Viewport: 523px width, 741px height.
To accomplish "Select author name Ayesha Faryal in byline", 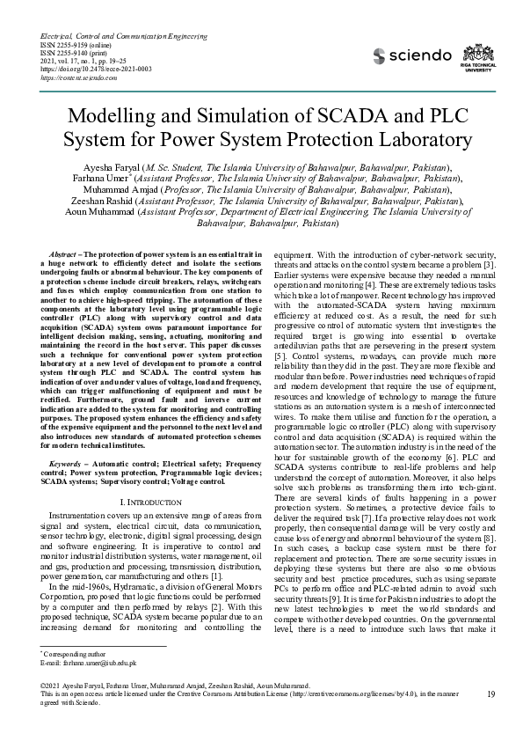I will coord(108,166).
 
